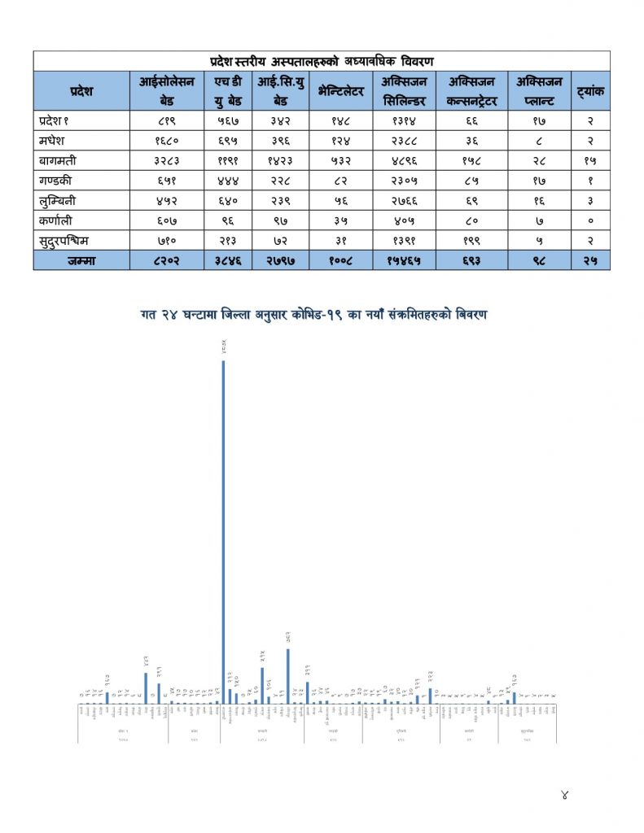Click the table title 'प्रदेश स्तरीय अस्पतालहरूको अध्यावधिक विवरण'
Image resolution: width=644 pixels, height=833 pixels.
(322, 61)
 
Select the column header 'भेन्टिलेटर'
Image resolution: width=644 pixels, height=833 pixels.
(336, 91)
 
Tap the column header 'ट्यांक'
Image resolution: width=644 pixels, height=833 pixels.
(589, 91)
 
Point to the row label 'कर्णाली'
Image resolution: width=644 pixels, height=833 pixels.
(55, 220)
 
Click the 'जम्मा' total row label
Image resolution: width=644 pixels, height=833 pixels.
(81, 260)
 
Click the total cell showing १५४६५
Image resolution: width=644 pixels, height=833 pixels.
(404, 260)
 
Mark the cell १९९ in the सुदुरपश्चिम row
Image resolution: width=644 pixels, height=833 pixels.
(471, 240)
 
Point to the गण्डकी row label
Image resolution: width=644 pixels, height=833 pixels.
(55, 180)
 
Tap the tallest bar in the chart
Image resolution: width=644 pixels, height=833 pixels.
(223, 529)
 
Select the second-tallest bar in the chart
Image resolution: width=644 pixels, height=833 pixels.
(287, 675)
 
